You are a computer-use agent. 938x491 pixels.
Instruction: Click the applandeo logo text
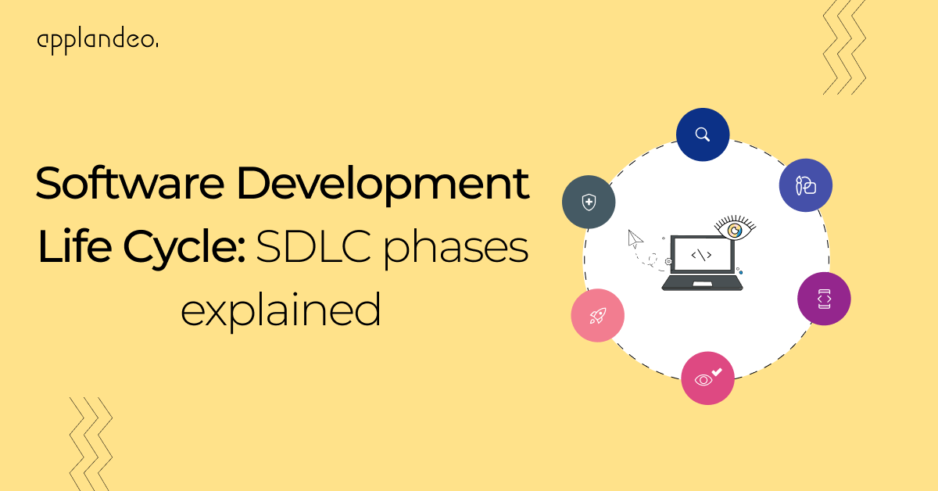coord(97,40)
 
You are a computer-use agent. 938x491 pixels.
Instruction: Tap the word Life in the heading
coord(76,248)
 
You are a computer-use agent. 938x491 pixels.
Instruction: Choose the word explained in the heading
coord(281,310)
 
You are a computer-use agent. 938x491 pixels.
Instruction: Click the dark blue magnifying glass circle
coord(703,134)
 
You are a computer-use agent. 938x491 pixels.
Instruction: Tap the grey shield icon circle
coord(589,202)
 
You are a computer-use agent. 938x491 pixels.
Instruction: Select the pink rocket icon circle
coord(597,316)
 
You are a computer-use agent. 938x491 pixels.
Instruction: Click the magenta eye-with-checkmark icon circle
coord(707,378)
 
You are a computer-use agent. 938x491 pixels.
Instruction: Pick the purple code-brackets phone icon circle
coord(824,299)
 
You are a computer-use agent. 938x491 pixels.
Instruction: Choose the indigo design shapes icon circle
coord(805,185)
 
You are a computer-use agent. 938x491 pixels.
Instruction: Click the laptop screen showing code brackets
coord(701,255)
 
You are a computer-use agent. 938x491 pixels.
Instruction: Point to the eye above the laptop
coord(735,230)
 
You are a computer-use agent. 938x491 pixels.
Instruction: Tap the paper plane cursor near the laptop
coord(635,238)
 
